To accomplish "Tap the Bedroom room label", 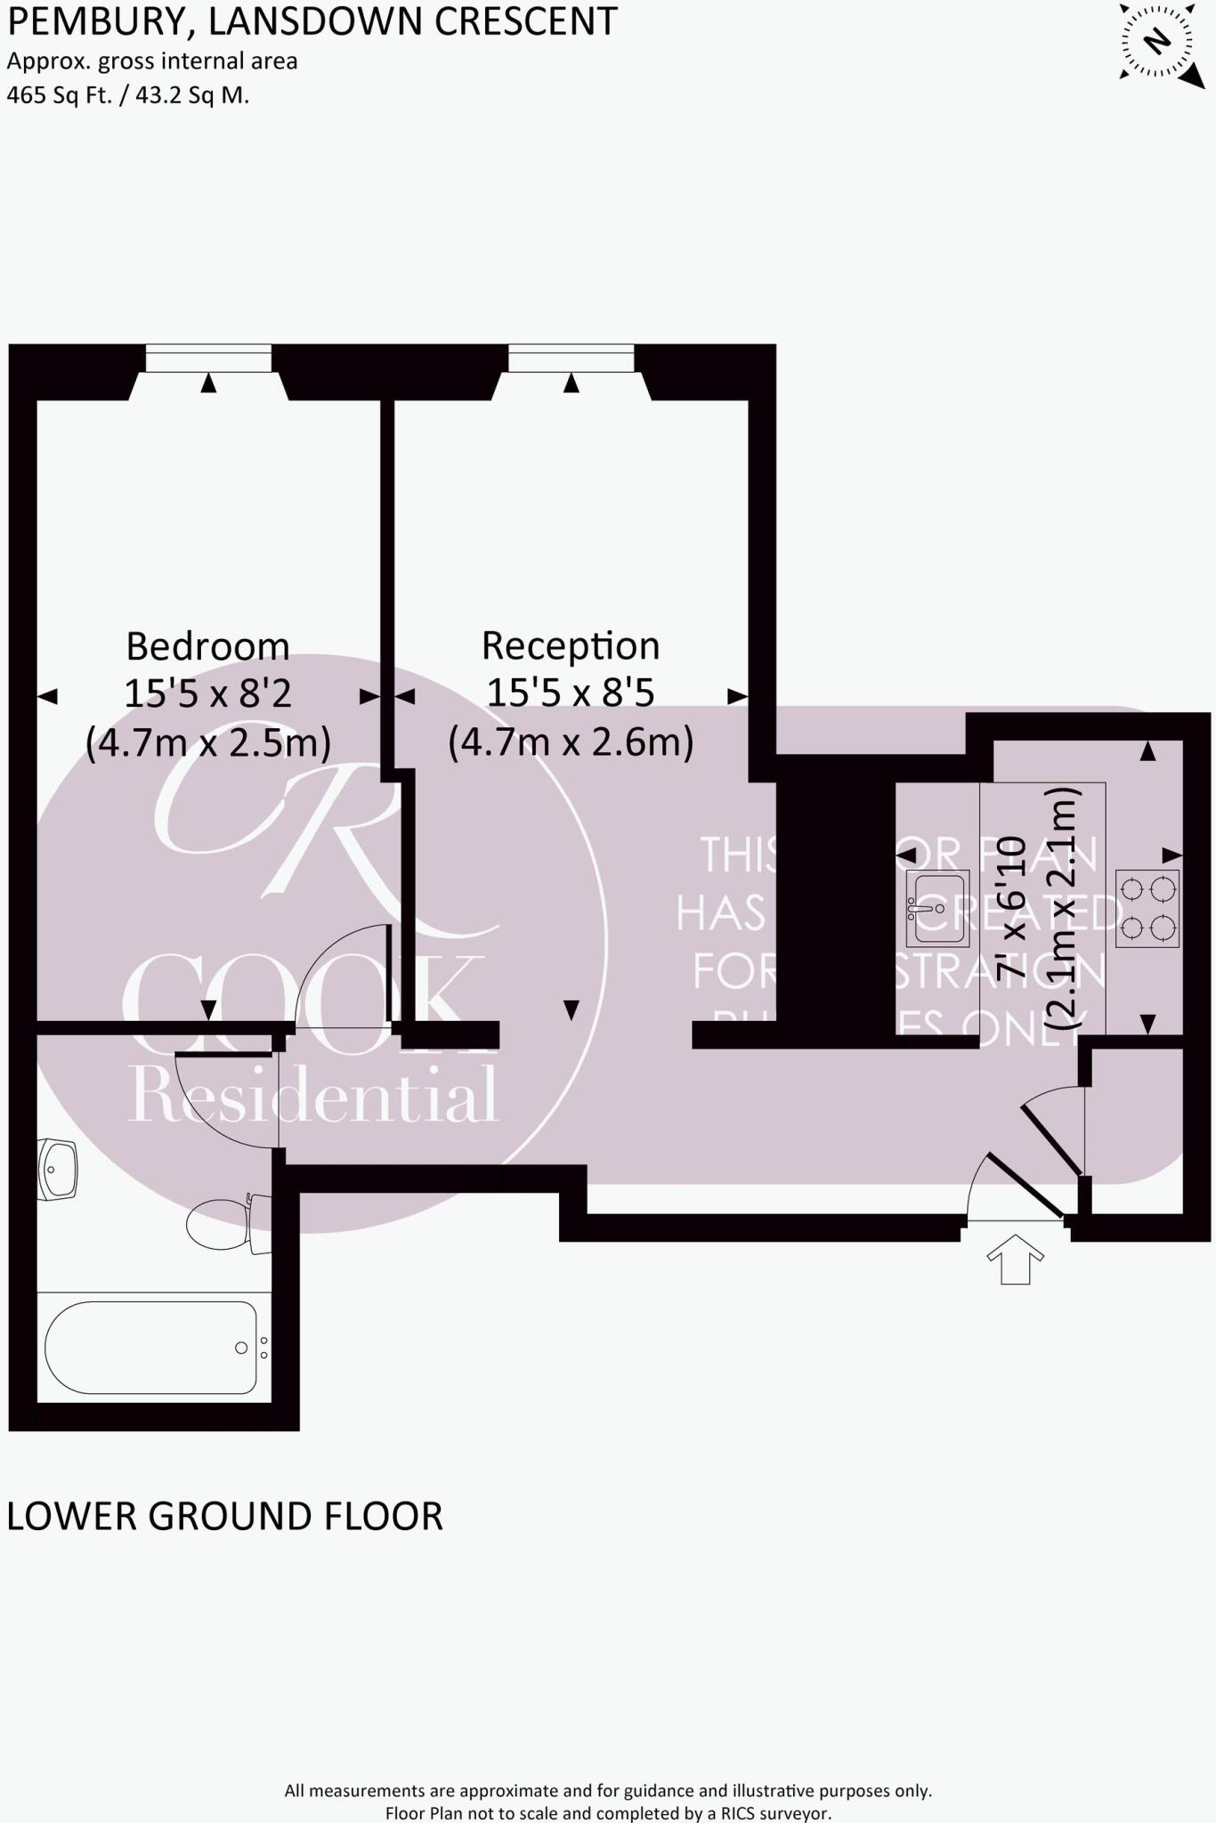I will [207, 646].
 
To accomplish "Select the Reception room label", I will [571, 645].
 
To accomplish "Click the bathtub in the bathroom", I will [151, 1348].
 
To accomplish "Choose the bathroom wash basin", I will [58, 1169].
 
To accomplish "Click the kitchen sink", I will [936, 908].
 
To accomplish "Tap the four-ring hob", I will [1148, 908].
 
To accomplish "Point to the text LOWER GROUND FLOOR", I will [224, 1517].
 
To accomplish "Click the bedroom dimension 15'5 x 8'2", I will [207, 693].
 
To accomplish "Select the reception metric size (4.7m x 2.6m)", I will [571, 741].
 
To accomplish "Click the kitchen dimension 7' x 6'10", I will [1012, 908].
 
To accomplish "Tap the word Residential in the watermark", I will [312, 1095].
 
